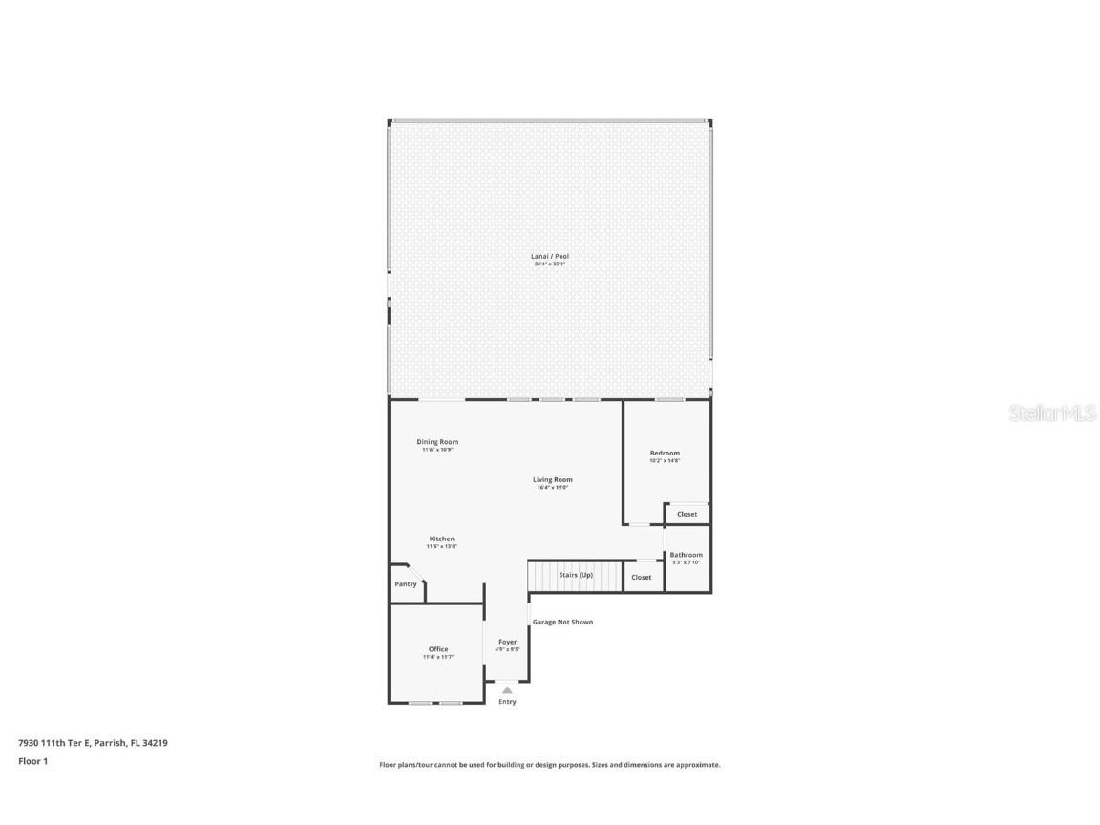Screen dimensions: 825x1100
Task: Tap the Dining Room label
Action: click(x=437, y=442)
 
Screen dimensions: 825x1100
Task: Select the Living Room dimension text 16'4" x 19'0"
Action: click(x=553, y=488)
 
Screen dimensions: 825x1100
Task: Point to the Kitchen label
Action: click(x=441, y=539)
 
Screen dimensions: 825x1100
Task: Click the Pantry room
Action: click(x=406, y=584)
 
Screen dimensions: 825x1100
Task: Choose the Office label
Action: click(x=438, y=649)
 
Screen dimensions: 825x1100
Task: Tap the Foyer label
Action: click(x=507, y=642)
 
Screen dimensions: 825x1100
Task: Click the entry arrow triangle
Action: click(x=507, y=689)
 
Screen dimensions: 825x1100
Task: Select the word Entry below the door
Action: click(x=507, y=702)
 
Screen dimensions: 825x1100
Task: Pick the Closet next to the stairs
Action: click(x=642, y=577)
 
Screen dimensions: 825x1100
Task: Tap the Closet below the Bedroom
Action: click(x=687, y=514)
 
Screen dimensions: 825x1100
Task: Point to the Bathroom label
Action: click(x=686, y=555)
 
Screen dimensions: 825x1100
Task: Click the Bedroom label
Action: click(x=665, y=453)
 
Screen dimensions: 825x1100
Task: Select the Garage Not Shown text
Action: click(x=562, y=622)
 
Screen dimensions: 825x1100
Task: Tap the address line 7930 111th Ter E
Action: click(x=94, y=742)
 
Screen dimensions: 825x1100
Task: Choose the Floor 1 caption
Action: click(x=32, y=761)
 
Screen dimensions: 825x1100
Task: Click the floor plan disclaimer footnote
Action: click(x=550, y=765)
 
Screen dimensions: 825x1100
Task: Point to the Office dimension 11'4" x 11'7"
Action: click(x=438, y=657)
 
